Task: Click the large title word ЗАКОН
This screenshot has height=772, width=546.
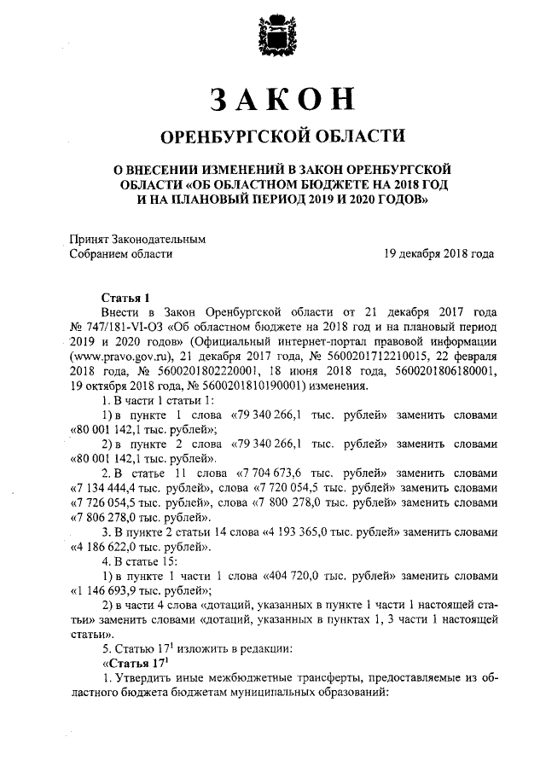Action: pyautogui.click(x=273, y=100)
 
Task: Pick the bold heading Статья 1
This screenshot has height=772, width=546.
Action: pyautogui.click(x=125, y=298)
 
